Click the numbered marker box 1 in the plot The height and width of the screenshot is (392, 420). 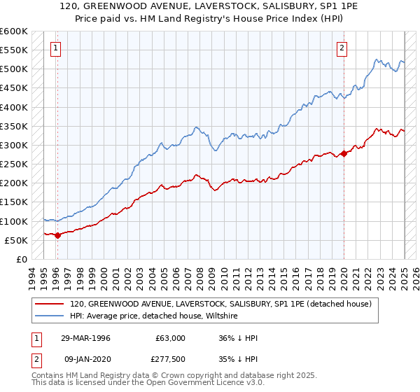(x=55, y=48)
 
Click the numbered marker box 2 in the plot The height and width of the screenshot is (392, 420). (x=342, y=48)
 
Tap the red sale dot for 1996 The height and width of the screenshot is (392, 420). (x=57, y=235)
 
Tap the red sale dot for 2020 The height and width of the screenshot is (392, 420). (x=344, y=153)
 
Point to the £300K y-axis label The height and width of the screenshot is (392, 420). (x=13, y=145)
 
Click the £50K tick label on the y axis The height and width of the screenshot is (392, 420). (x=16, y=240)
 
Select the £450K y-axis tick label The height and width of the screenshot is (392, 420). (x=13, y=88)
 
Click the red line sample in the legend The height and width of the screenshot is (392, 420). (x=50, y=304)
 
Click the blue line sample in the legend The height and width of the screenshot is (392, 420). (x=50, y=316)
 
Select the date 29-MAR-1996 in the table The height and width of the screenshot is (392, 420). (x=85, y=338)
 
